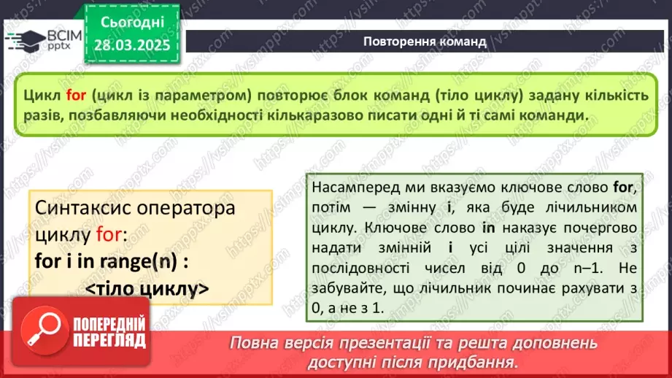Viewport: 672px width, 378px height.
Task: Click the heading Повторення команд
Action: pyautogui.click(x=424, y=41)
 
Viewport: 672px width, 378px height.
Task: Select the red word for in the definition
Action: pyautogui.click(x=77, y=95)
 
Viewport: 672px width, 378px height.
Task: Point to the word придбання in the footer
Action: pyautogui.click(x=484, y=362)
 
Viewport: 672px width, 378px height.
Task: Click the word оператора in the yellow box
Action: pyautogui.click(x=184, y=208)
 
